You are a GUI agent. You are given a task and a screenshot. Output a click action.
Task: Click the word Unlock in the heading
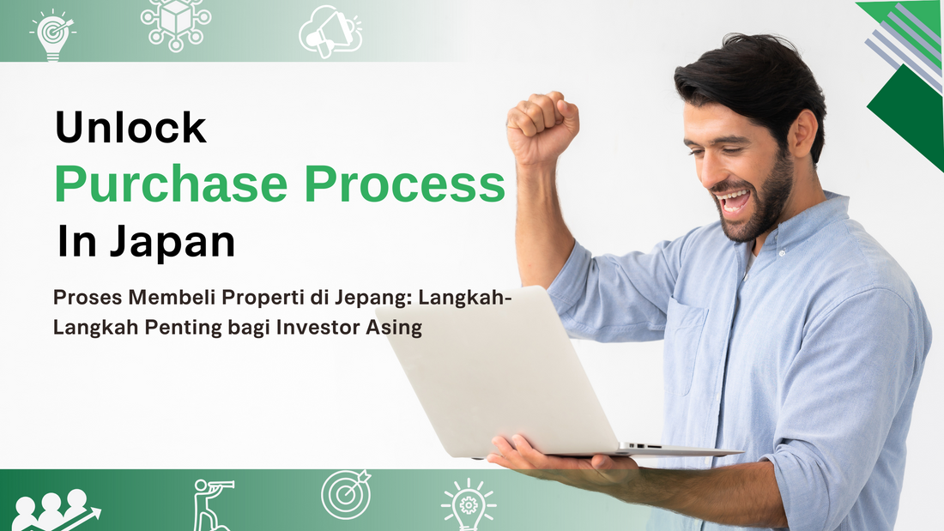[130, 129]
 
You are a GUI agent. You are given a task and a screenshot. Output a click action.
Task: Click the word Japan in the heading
[171, 242]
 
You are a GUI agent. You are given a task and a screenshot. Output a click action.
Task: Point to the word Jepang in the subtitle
[339, 298]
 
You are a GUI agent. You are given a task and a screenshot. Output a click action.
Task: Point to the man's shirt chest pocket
[687, 347]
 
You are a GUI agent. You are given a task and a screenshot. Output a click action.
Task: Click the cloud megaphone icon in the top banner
[330, 31]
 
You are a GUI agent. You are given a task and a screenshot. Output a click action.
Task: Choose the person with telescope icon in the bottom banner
[211, 504]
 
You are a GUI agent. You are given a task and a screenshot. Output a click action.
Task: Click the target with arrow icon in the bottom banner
[346, 495]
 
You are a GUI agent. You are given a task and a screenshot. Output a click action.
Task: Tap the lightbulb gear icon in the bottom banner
[468, 504]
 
